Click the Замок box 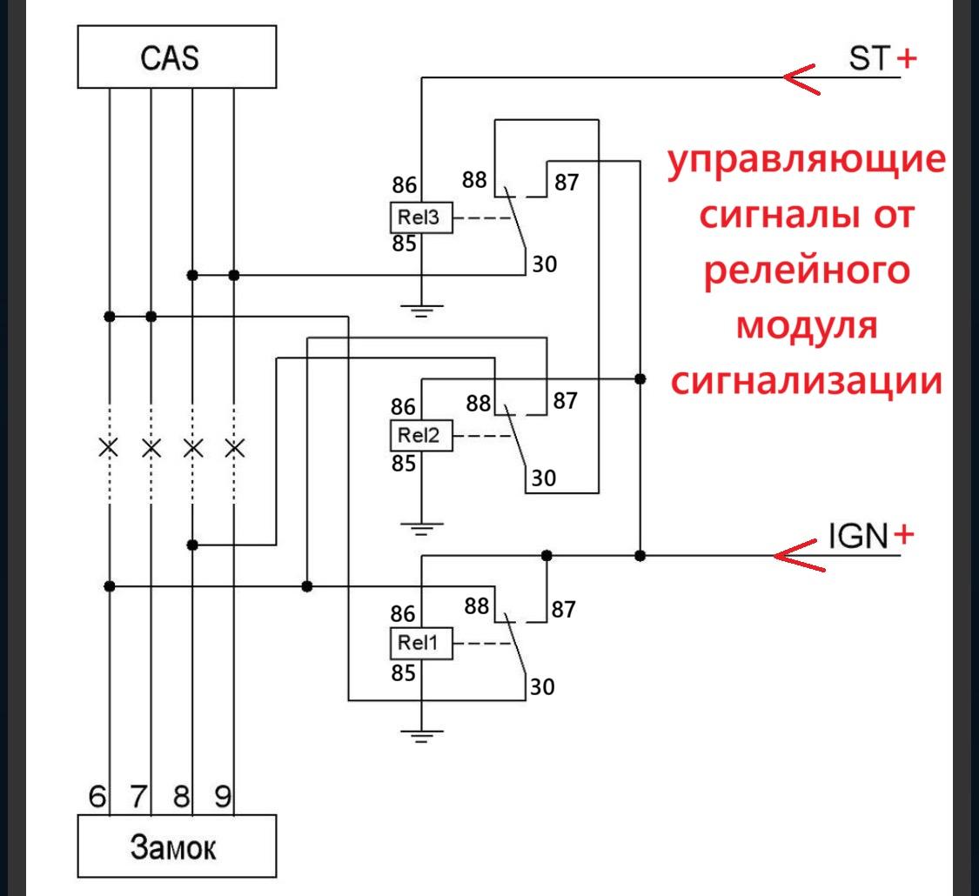pos(177,846)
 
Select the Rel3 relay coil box pos(421,219)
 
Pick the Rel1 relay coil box pos(421,645)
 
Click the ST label pos(868,59)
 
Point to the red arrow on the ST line pos(805,77)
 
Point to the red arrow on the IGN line pos(799,555)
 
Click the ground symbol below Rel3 pos(421,309)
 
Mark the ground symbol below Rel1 pos(421,735)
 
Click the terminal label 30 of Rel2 pos(545,478)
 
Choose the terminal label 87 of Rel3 pos(565,184)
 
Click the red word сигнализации pos(806,382)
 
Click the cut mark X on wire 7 pos(151,449)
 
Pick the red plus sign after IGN pos(905,533)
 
